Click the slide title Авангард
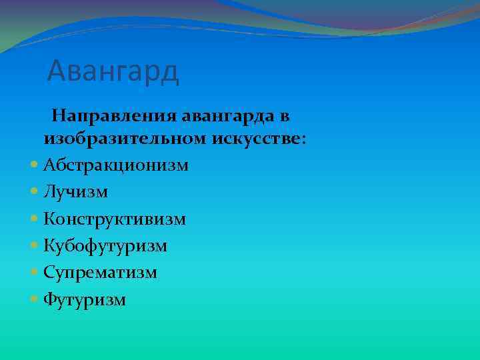pyautogui.click(x=113, y=71)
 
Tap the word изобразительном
pyautogui.click(x=126, y=139)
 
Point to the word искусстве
pyautogui.click(x=257, y=139)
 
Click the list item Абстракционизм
pyautogui.click(x=116, y=165)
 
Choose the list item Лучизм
pyautogui.click(x=75, y=192)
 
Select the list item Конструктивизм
pyautogui.click(x=115, y=219)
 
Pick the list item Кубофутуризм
pyautogui.click(x=105, y=246)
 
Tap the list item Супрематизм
pyautogui.click(x=100, y=273)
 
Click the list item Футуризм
pyautogui.click(x=84, y=300)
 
